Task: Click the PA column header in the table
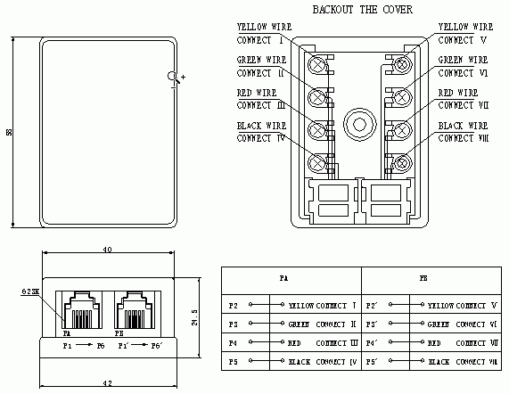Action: coord(283,279)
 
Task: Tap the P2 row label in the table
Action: coord(233,304)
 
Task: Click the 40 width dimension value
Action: coord(107,250)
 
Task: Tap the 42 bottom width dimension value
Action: coord(107,383)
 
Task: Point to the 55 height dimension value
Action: coord(8,132)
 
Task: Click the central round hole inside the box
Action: coord(362,124)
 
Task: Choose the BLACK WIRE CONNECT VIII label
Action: coord(464,132)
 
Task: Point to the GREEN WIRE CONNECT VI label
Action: coord(464,66)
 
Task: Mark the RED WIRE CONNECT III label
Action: coord(261,99)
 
